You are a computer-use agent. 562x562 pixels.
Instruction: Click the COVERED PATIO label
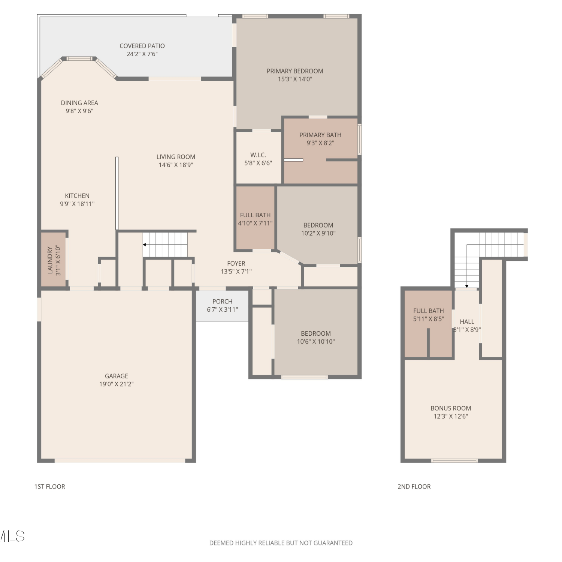tap(142, 46)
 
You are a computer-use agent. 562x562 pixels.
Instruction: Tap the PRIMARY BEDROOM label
tap(295, 71)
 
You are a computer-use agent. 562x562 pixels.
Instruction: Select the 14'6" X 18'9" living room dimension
tap(176, 165)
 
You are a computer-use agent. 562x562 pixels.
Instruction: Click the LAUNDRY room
tap(54, 260)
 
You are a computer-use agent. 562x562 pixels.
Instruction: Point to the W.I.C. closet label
tap(258, 155)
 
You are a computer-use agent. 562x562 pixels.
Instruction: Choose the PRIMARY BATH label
tap(320, 135)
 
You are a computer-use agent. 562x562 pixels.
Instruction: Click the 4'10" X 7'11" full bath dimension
tap(255, 223)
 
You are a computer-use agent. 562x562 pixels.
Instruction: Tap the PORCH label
tap(222, 302)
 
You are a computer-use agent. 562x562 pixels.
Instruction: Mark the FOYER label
tap(236, 264)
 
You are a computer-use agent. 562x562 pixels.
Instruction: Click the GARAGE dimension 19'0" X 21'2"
tap(117, 384)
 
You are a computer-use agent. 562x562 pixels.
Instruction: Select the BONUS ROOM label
tap(451, 408)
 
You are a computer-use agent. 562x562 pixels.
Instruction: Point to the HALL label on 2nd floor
tap(467, 322)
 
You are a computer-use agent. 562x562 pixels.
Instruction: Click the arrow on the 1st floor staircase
tap(165, 245)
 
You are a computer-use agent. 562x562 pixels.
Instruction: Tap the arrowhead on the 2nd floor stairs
tap(467, 286)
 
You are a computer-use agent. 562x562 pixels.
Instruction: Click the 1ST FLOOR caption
tap(50, 487)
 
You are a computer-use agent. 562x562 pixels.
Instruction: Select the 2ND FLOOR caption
tap(414, 487)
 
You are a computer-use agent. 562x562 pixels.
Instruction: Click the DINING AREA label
tap(79, 103)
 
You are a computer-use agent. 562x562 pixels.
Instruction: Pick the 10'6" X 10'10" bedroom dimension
tap(316, 342)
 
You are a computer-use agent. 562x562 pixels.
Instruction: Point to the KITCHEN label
tap(77, 196)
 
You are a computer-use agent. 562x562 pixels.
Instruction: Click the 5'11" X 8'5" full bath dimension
tap(429, 319)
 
